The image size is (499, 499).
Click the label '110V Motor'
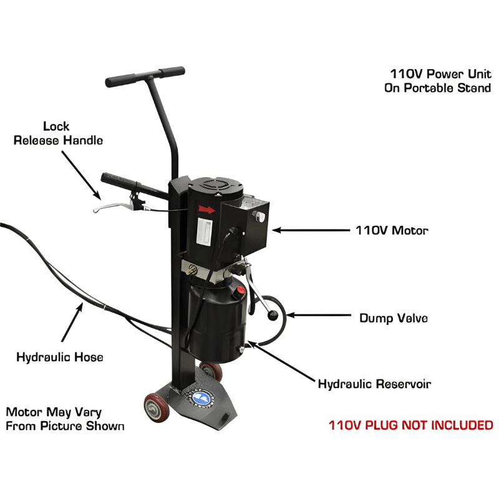[x=392, y=230]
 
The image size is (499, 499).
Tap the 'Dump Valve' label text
[x=394, y=318]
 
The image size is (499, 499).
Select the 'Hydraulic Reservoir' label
[x=374, y=384]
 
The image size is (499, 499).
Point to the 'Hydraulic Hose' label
[x=59, y=357]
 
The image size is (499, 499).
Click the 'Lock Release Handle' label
[x=59, y=133]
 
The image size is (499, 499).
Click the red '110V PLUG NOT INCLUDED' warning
[x=411, y=425]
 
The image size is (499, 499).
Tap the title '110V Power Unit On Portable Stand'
[x=438, y=80]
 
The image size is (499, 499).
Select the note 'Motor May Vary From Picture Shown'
[x=65, y=419]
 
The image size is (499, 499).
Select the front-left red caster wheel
[x=153, y=409]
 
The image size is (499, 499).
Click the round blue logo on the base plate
[x=201, y=397]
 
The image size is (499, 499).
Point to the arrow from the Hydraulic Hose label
[x=72, y=324]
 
